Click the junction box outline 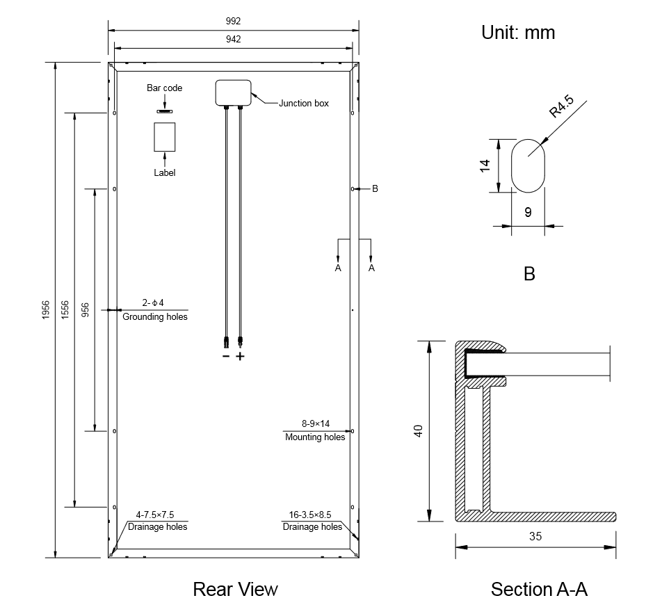point(233,92)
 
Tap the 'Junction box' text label point(304,104)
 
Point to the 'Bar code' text point(165,88)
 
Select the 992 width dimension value point(233,22)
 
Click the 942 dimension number point(233,40)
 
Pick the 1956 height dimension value point(46,310)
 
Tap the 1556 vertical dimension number point(65,310)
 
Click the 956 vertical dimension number point(86,310)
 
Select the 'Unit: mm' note point(518,32)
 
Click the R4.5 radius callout point(561,108)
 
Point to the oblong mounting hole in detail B point(528,165)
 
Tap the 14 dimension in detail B point(485,165)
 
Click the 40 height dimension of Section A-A point(418,431)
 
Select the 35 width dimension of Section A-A point(535,536)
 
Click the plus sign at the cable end point(241,356)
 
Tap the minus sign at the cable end point(225,356)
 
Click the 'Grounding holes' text point(155,317)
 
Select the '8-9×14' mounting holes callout point(315,423)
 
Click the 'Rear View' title point(235,590)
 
